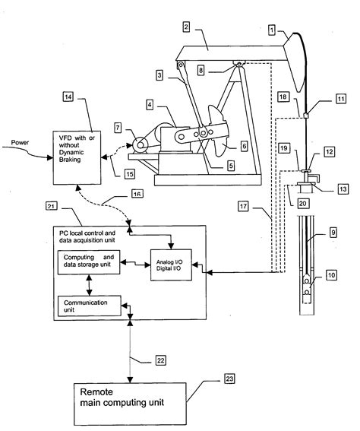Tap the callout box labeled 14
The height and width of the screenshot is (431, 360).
[68, 97]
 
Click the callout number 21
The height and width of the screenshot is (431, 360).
[52, 207]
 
